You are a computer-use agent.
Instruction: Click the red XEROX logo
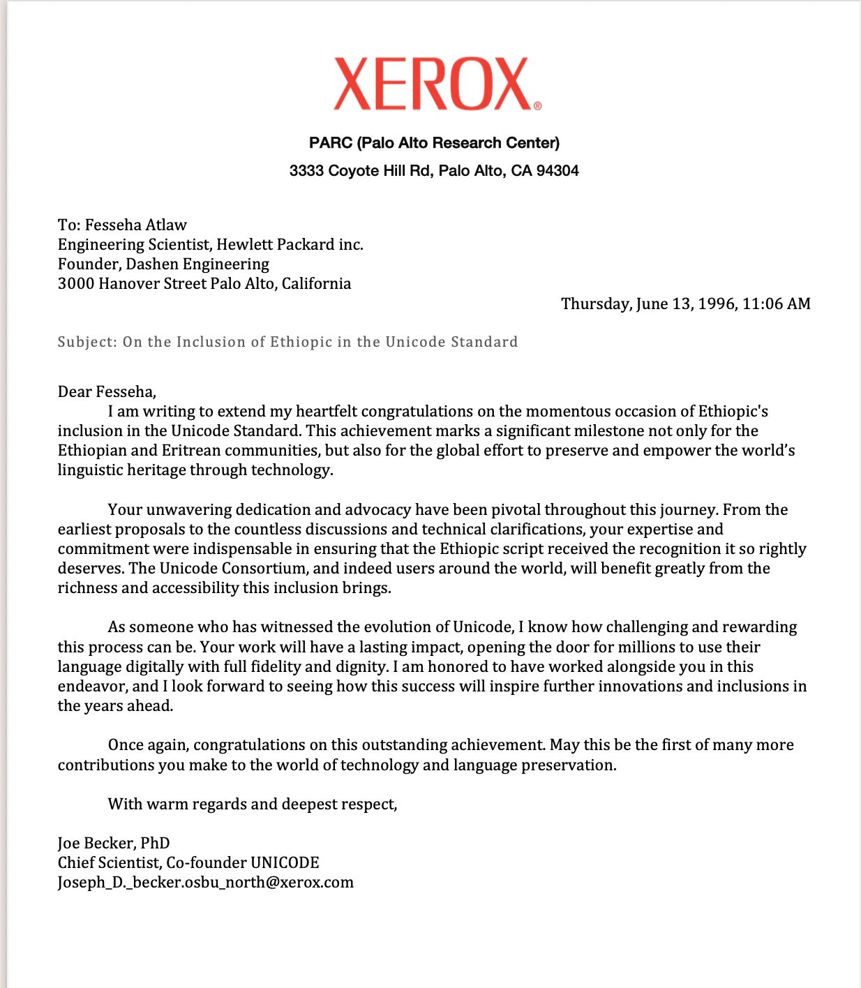[x=433, y=84]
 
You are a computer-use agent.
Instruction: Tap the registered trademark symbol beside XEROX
[x=537, y=106]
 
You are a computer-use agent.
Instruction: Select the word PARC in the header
[x=331, y=143]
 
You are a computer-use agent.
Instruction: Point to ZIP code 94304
[x=557, y=171]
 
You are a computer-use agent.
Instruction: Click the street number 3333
[x=306, y=171]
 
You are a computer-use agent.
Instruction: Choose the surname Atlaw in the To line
[x=165, y=225]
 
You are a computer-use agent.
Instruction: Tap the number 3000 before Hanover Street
[x=75, y=283]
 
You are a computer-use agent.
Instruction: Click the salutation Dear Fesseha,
[x=107, y=391]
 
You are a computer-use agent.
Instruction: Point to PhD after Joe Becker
[x=155, y=843]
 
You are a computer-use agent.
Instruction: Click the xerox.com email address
[x=205, y=883]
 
